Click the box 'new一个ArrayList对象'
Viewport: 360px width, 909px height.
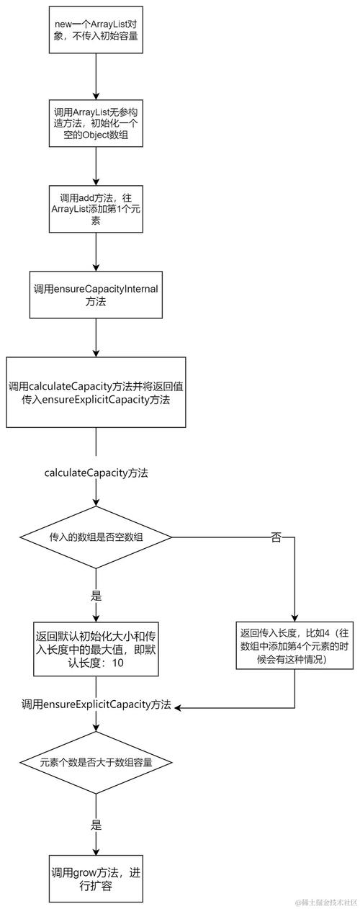click(96, 30)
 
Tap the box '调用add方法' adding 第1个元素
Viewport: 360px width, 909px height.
click(96, 209)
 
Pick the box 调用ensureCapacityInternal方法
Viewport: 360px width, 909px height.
click(96, 295)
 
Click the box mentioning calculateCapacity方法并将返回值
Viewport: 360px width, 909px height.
click(96, 392)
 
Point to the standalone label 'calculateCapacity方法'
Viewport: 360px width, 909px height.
click(96, 473)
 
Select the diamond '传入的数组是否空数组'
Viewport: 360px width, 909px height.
click(96, 537)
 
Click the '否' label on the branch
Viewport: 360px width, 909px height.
click(276, 537)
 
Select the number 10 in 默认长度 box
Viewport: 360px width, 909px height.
click(117, 663)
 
